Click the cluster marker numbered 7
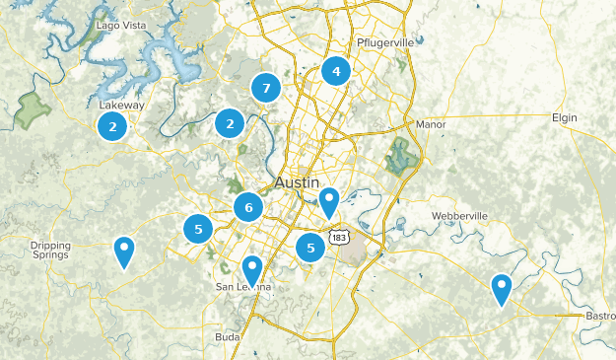(x=264, y=89)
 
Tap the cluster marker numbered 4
(x=336, y=72)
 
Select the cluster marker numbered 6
(x=248, y=207)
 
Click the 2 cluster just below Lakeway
(x=113, y=126)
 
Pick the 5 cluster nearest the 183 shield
(x=310, y=248)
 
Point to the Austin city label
(x=298, y=183)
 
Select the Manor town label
(x=431, y=125)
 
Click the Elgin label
(x=564, y=117)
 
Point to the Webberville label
(x=460, y=216)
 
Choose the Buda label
(x=228, y=337)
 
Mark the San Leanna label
(x=241, y=287)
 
